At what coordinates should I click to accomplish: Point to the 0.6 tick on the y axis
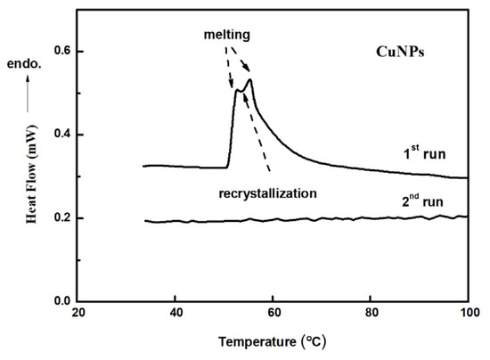tap(60, 52)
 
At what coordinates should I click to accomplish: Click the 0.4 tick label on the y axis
tap(60, 135)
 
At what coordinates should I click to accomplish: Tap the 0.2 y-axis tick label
tap(60, 218)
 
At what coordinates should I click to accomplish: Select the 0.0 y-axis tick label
tap(60, 301)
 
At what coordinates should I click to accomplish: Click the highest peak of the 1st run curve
tap(250, 80)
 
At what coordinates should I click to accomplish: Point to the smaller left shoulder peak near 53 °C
tap(237, 90)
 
